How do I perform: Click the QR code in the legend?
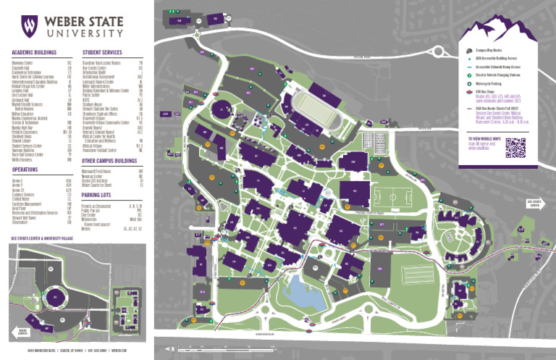[x=515, y=147]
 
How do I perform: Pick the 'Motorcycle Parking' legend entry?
[x=493, y=84]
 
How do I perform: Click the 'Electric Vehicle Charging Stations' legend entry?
[x=500, y=74]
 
